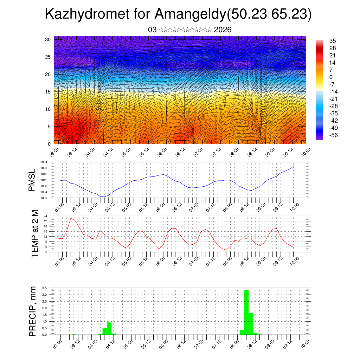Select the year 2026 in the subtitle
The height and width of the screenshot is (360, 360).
pyautogui.click(x=223, y=30)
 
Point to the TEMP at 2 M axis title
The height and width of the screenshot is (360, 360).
pyautogui.click(x=35, y=233)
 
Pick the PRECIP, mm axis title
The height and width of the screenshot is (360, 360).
pyautogui.click(x=33, y=311)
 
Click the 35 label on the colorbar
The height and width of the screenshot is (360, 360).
pyautogui.click(x=333, y=41)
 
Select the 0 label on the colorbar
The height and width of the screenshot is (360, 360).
pyautogui.click(x=331, y=77)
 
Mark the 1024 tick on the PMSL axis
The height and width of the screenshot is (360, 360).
pyautogui.click(x=44, y=162)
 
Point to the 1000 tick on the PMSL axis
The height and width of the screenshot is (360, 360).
pyautogui.click(x=44, y=198)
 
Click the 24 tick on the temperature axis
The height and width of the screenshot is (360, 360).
pyautogui.click(x=45, y=216)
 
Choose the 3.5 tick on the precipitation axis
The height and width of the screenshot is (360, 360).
pyautogui.click(x=44, y=288)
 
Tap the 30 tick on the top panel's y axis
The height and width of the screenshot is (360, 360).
pyautogui.click(x=48, y=39)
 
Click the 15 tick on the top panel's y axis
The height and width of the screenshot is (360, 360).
pyautogui.click(x=48, y=91)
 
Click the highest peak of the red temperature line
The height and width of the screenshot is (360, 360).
pyautogui.click(x=71, y=218)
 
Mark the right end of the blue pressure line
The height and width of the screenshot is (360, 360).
pyautogui.click(x=293, y=167)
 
